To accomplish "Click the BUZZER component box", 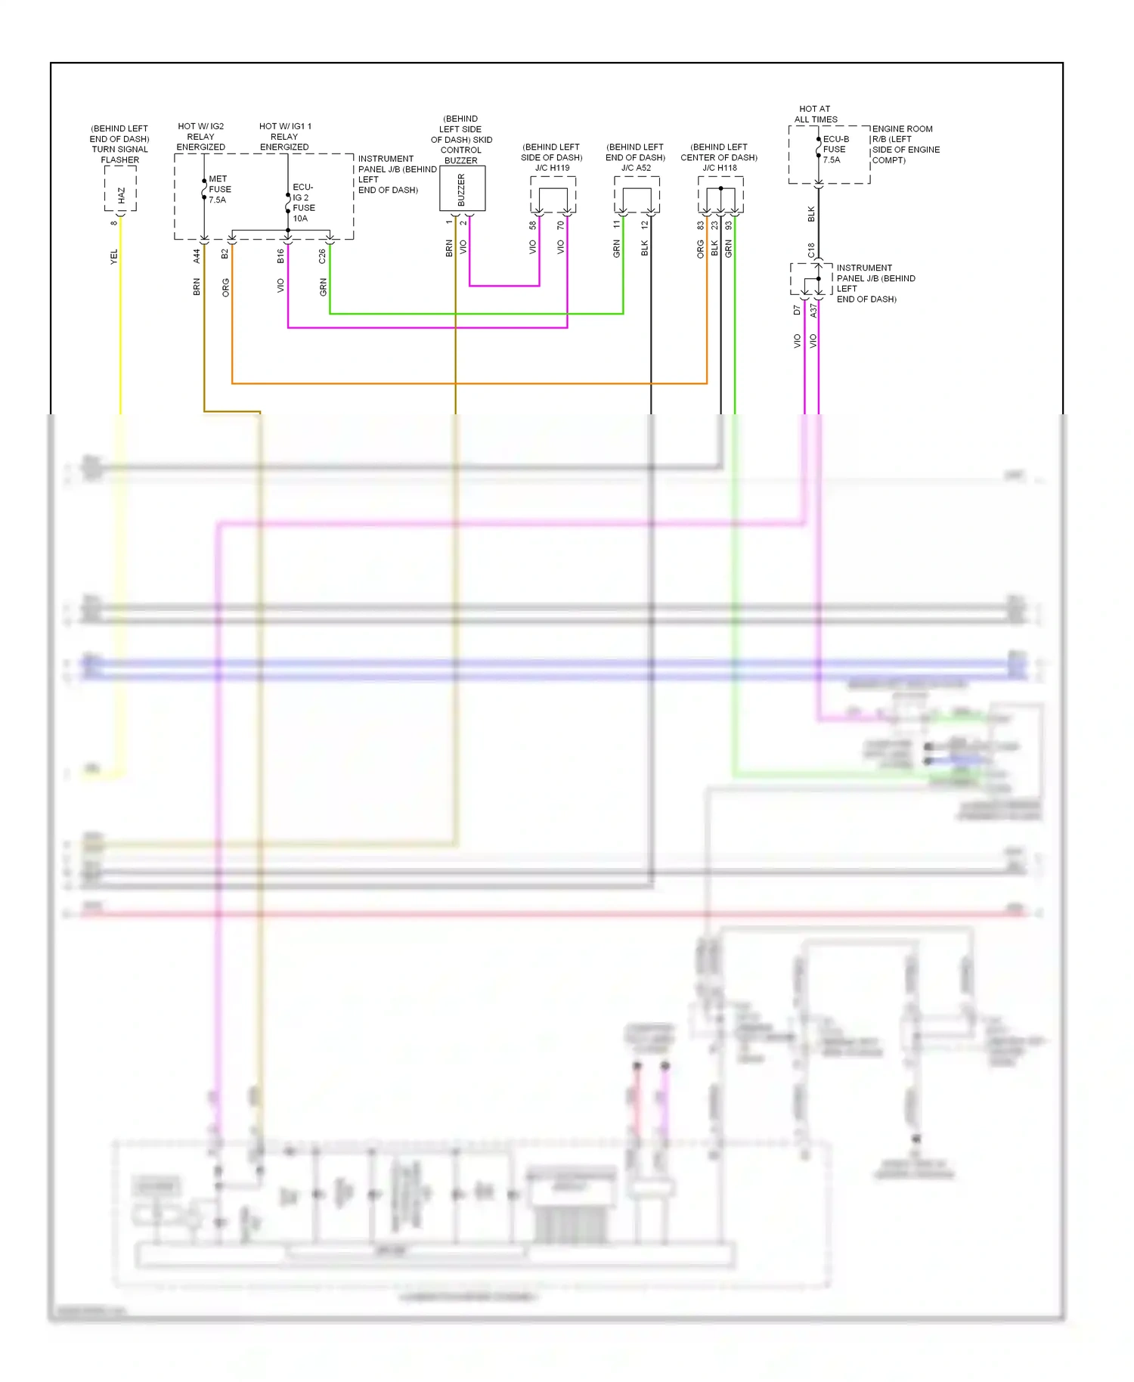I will [462, 189].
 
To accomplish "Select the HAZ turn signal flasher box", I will [120, 189].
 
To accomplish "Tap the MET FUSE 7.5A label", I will [219, 190].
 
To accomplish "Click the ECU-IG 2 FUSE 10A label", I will [303, 203].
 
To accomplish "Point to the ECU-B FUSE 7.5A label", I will [835, 150].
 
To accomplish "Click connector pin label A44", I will [197, 256].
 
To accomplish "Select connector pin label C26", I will [322, 256].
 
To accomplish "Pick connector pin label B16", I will [280, 256].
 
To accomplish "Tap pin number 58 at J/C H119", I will [533, 225].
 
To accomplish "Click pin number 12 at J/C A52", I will [645, 225].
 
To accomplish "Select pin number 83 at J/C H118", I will [701, 225].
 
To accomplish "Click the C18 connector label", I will [811, 250].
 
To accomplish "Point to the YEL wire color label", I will [114, 257].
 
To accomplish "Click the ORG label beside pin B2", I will [225, 287].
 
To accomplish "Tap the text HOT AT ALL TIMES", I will [815, 114].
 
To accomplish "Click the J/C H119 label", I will [552, 168].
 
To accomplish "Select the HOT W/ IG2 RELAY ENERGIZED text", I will [200, 137].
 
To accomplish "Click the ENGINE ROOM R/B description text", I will [906, 144].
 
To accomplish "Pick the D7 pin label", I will [797, 311].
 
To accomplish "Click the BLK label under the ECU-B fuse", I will [811, 214].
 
